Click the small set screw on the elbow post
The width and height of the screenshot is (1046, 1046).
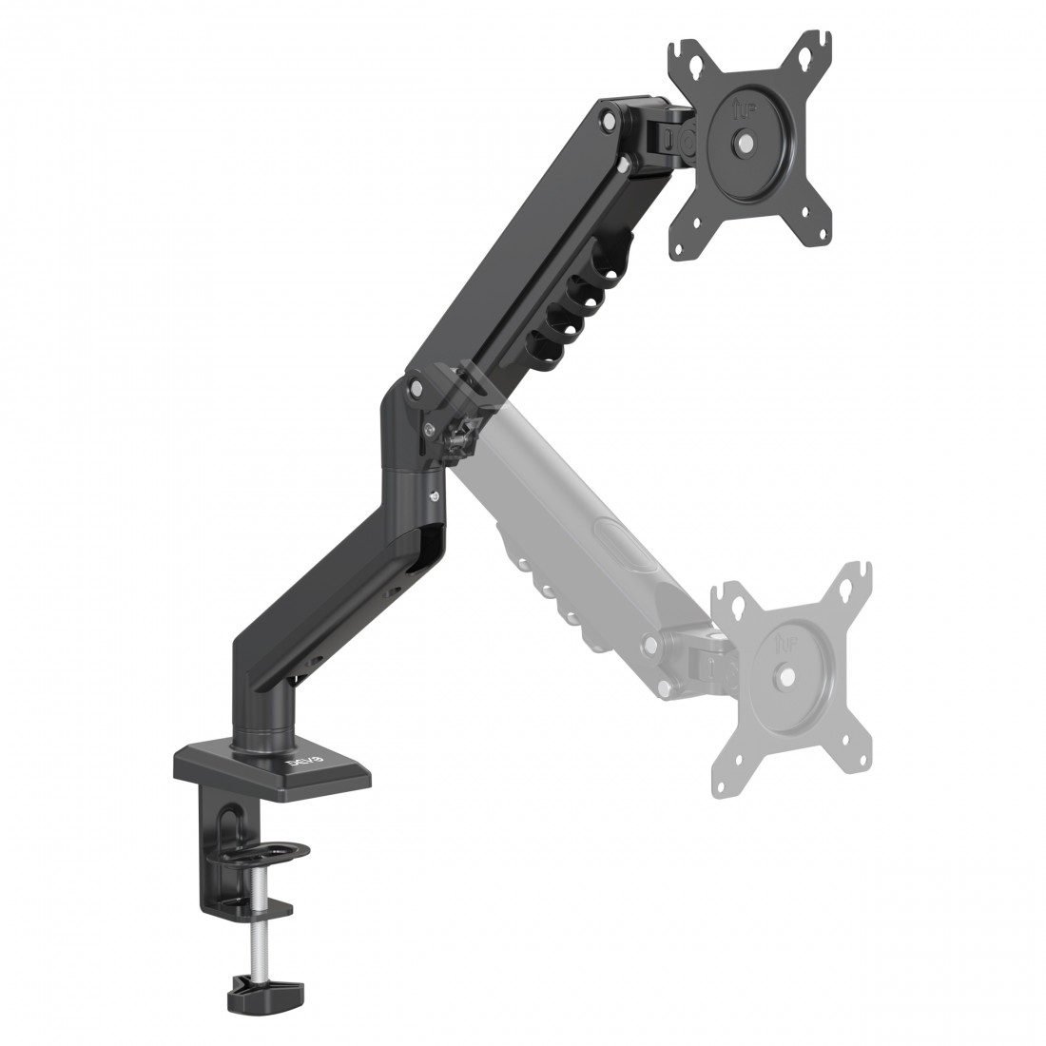pyautogui.click(x=435, y=496)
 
